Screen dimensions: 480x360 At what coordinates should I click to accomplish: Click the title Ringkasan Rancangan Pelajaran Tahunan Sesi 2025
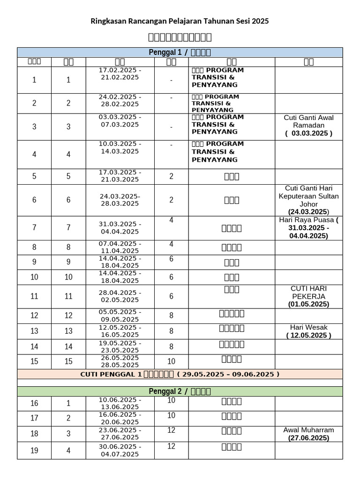pyautogui.click(x=180, y=22)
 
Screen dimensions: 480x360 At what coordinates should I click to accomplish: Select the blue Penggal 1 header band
pyautogui.click(x=180, y=52)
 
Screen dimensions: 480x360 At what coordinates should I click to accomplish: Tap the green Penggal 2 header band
pyautogui.click(x=180, y=391)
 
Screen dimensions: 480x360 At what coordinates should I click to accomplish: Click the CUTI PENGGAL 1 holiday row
pyautogui.click(x=180, y=374)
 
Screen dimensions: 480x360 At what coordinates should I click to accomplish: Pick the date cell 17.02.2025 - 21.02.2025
pyautogui.click(x=120, y=74)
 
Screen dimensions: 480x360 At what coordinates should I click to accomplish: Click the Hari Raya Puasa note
pyautogui.click(x=308, y=227)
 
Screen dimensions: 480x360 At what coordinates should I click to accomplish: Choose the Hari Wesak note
pyautogui.click(x=308, y=331)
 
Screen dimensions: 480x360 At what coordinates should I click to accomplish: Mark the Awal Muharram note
pyautogui.click(x=308, y=434)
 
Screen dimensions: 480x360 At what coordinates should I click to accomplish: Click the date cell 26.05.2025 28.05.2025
pyautogui.click(x=120, y=361)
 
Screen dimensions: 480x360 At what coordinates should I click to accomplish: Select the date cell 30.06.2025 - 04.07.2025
pyautogui.click(x=120, y=450)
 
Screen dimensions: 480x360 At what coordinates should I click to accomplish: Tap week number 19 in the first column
pyautogui.click(x=34, y=451)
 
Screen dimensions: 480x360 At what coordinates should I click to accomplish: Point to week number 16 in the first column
pyautogui.click(x=34, y=404)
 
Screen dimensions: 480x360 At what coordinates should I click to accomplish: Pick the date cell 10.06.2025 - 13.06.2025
pyautogui.click(x=120, y=403)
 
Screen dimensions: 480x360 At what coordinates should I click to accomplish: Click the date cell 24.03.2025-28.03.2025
pyautogui.click(x=120, y=200)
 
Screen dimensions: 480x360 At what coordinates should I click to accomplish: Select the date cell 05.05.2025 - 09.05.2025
pyautogui.click(x=120, y=315)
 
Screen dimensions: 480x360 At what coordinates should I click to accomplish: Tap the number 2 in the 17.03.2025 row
pyautogui.click(x=171, y=176)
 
